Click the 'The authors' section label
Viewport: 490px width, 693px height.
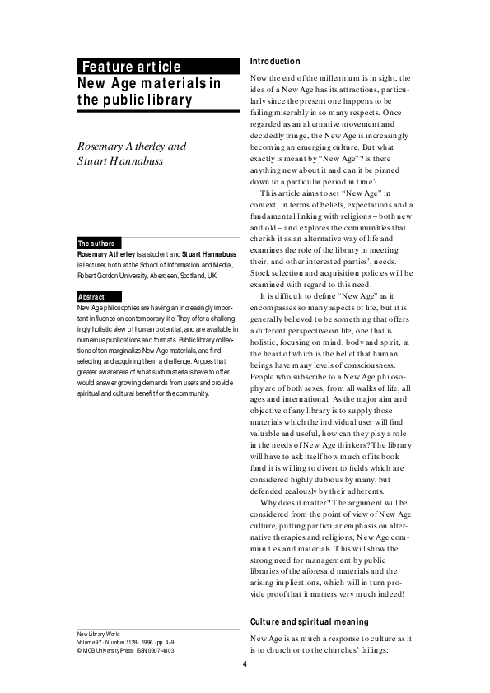96,244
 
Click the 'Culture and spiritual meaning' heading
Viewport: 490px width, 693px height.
309,621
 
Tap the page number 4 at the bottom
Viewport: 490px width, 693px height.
245,664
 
